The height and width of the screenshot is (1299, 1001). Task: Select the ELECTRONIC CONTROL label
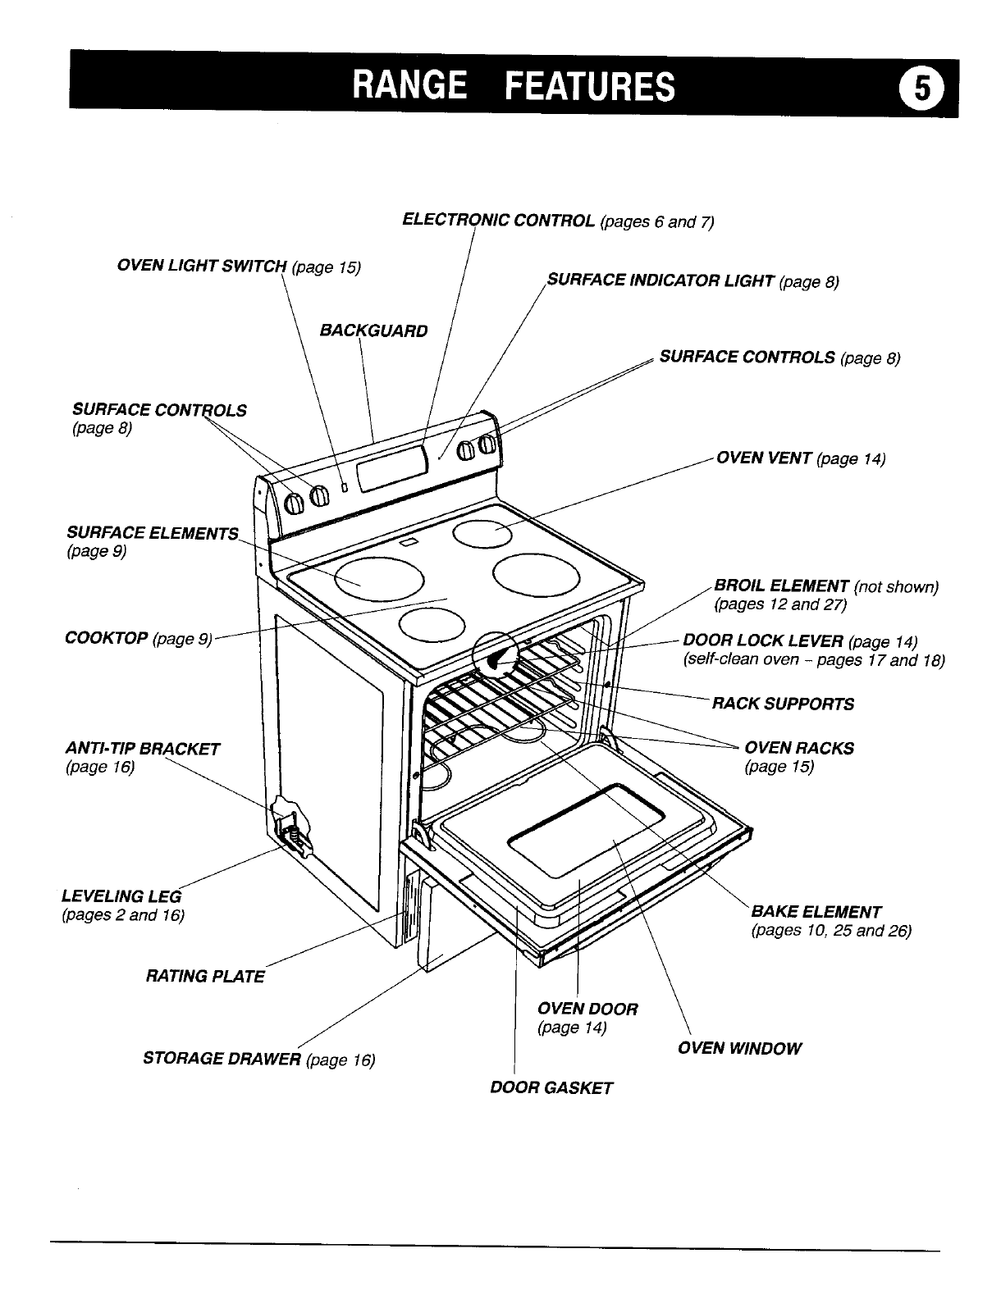499,221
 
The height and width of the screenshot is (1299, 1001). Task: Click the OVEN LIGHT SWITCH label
202,267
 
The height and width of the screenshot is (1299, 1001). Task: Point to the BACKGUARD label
373,330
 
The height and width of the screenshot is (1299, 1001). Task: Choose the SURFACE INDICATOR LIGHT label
660,281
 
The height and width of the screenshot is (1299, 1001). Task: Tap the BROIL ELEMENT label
781,586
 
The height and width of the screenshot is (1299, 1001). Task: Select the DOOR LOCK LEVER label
763,640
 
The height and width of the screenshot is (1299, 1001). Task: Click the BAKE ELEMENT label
816,911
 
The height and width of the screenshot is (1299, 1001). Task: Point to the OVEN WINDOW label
738,1048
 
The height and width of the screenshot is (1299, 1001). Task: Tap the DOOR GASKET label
551,1088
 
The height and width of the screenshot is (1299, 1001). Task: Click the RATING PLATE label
205,976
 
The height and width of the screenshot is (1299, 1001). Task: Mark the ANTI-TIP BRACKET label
142,748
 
